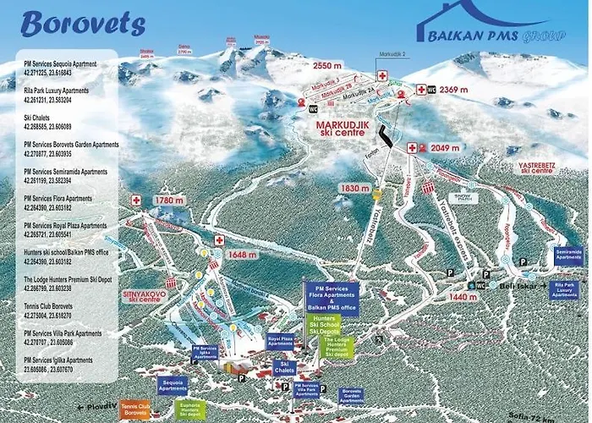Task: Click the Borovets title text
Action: [x=71, y=23]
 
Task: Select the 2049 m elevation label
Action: [x=443, y=148]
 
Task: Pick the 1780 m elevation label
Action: [x=169, y=201]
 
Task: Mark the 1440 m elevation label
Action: [x=463, y=297]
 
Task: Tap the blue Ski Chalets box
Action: [x=283, y=369]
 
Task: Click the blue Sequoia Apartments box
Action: [x=172, y=385]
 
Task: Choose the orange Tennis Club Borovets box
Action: [x=134, y=410]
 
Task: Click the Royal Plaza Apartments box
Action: [x=280, y=342]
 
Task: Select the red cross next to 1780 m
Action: [x=135, y=200]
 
